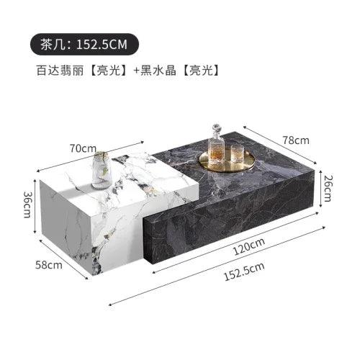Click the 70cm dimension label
tap(83, 148)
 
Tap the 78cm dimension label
tap(296, 140)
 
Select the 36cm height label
tap(27, 204)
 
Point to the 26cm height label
tap(328, 189)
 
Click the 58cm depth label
tap(49, 265)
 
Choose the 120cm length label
tap(249, 246)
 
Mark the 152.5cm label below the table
tap(244, 271)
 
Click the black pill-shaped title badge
tap(84, 45)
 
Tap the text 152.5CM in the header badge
tap(102, 45)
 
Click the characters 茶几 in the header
tap(52, 45)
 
